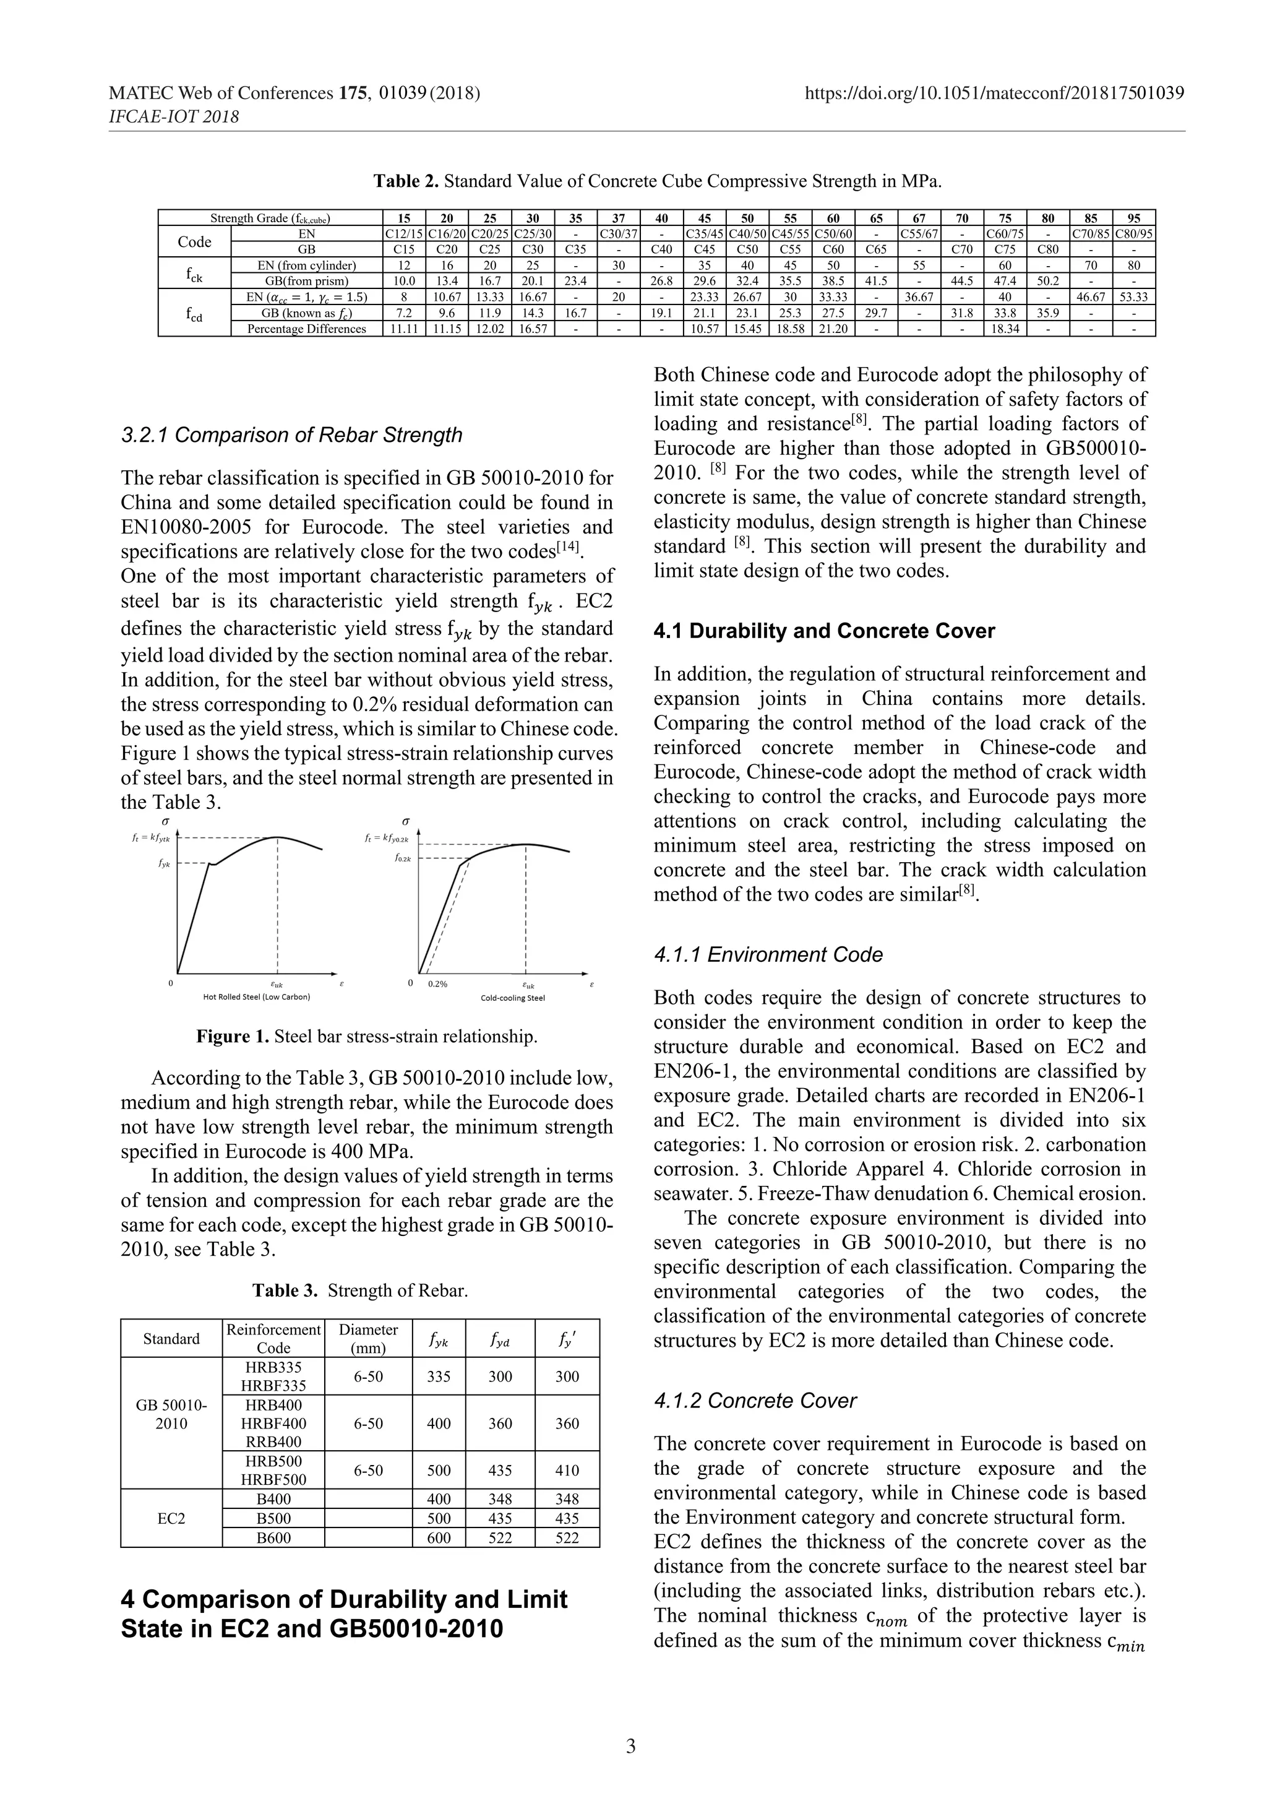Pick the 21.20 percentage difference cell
tap(833, 329)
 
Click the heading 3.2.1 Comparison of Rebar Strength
tap(291, 435)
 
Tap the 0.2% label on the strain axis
tap(437, 984)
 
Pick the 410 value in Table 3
tap(567, 1471)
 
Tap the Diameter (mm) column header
tap(369, 1339)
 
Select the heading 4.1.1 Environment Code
tap(768, 954)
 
